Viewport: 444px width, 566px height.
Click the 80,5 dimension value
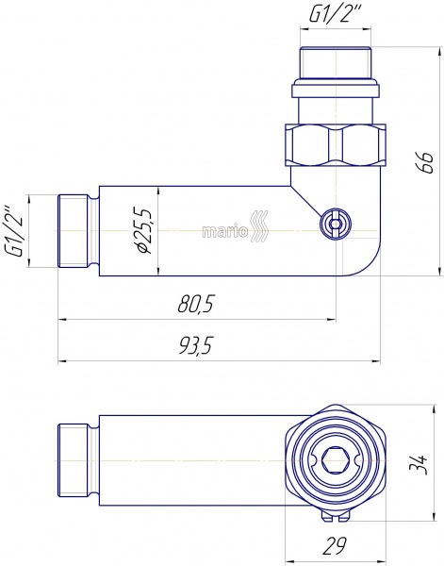[195, 304]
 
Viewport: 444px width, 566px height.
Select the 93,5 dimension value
[195, 345]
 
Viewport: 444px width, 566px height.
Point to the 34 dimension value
[419, 465]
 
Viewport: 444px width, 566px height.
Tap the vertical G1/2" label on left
[14, 231]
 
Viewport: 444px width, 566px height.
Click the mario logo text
[225, 231]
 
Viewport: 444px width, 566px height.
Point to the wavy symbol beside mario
[259, 226]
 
